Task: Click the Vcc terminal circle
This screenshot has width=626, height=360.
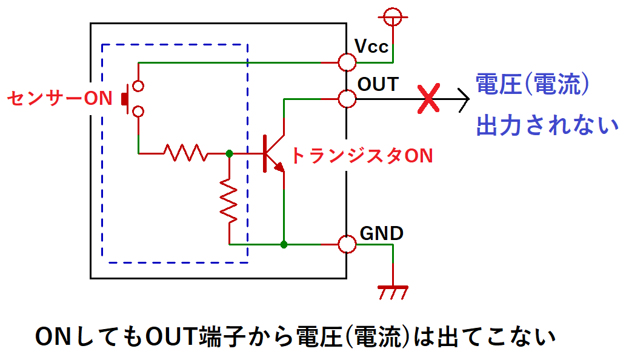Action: click(x=347, y=62)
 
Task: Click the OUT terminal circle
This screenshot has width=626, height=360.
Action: click(x=347, y=99)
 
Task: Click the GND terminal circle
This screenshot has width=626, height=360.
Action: click(x=347, y=244)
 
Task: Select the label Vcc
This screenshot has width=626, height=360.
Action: click(x=371, y=46)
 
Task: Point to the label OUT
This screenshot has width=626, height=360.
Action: click(x=378, y=84)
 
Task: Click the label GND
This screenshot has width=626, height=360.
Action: click(x=382, y=233)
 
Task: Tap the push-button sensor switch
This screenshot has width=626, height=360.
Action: click(x=135, y=98)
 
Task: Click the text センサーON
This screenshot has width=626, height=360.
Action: click(x=59, y=98)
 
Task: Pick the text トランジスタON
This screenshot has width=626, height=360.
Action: click(x=362, y=156)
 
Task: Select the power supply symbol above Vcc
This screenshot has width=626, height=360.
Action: click(x=393, y=18)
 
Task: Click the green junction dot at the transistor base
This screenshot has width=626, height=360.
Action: click(x=229, y=154)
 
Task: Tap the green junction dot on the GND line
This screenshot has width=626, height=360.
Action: click(x=284, y=244)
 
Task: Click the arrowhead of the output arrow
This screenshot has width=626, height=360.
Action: click(x=464, y=99)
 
